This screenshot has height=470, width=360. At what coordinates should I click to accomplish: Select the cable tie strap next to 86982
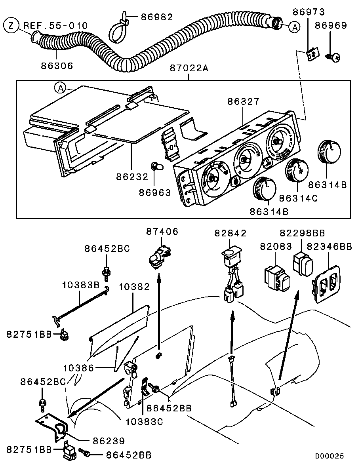[118, 30]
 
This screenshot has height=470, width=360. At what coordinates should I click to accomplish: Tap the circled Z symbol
[11, 26]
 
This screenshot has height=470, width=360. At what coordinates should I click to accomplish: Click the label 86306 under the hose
[57, 65]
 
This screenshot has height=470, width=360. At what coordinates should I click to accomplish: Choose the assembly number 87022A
[189, 68]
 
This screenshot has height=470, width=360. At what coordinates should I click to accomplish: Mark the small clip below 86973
[312, 53]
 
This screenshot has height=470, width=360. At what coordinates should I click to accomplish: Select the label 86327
[243, 102]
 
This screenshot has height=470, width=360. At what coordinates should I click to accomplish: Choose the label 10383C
[144, 421]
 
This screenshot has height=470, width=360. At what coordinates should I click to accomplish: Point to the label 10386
[78, 368]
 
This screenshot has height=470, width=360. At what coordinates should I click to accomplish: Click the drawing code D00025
[330, 456]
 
